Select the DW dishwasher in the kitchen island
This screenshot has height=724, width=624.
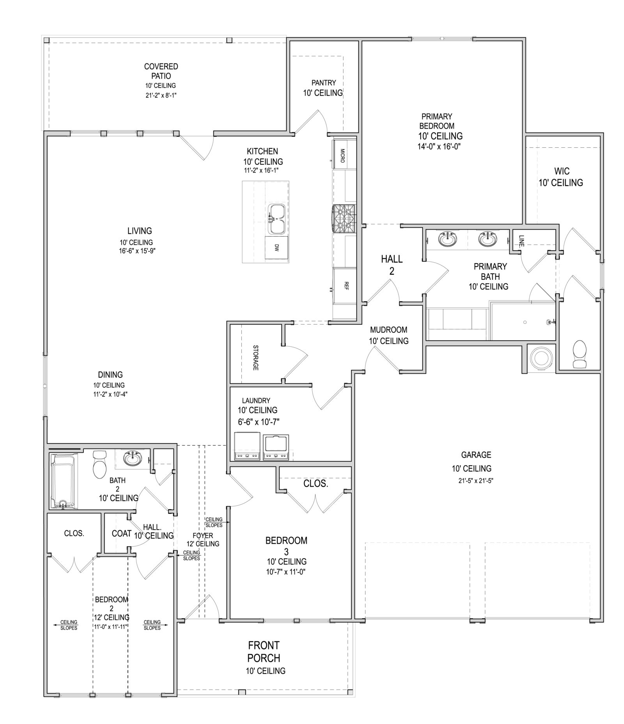pyautogui.click(x=276, y=247)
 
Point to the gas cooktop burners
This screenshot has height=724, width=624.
pyautogui.click(x=344, y=219)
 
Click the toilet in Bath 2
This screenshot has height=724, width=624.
pyautogui.click(x=99, y=464)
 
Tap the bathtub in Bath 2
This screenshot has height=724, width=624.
pyautogui.click(x=63, y=481)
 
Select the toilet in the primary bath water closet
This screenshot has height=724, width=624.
pyautogui.click(x=580, y=354)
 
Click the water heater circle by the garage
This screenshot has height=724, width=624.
pyautogui.click(x=541, y=357)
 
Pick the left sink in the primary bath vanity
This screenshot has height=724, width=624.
pyautogui.click(x=446, y=238)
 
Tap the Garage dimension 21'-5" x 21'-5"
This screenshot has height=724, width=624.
pyautogui.click(x=476, y=480)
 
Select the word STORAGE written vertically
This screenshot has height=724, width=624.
pyautogui.click(x=256, y=357)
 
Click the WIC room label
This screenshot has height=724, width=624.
pyautogui.click(x=561, y=171)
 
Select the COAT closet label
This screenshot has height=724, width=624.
pyautogui.click(x=121, y=533)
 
